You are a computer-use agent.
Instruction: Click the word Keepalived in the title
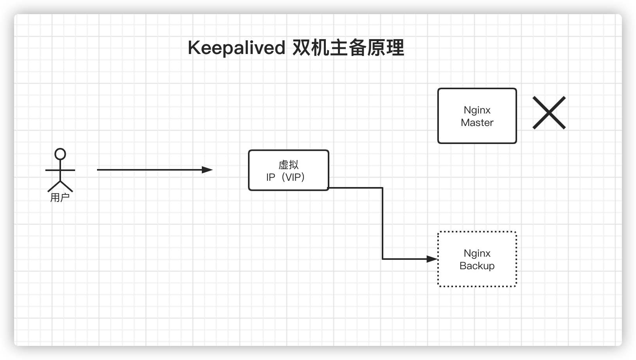pos(236,48)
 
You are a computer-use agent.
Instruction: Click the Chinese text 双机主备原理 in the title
pos(348,48)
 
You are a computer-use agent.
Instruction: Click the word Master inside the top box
pos(477,122)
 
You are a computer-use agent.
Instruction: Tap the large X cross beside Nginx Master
pos(549,113)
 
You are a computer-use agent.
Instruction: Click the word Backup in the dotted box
pos(477,266)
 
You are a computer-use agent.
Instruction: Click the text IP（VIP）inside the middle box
pos(286,177)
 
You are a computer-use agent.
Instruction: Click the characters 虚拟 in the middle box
pos(289,165)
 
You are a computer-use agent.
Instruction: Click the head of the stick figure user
pos(60,154)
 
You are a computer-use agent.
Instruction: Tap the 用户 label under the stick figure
pos(60,198)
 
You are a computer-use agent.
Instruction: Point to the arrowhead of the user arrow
pos(208,170)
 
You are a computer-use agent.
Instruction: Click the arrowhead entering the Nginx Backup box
pos(432,259)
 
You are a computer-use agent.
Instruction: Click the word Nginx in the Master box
pos(477,110)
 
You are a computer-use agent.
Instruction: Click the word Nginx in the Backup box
pos(477,254)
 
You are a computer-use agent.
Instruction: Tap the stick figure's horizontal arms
pos(60,170)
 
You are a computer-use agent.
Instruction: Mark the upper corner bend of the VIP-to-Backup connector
pos(382,188)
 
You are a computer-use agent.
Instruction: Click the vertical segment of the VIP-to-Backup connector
pos(382,223)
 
